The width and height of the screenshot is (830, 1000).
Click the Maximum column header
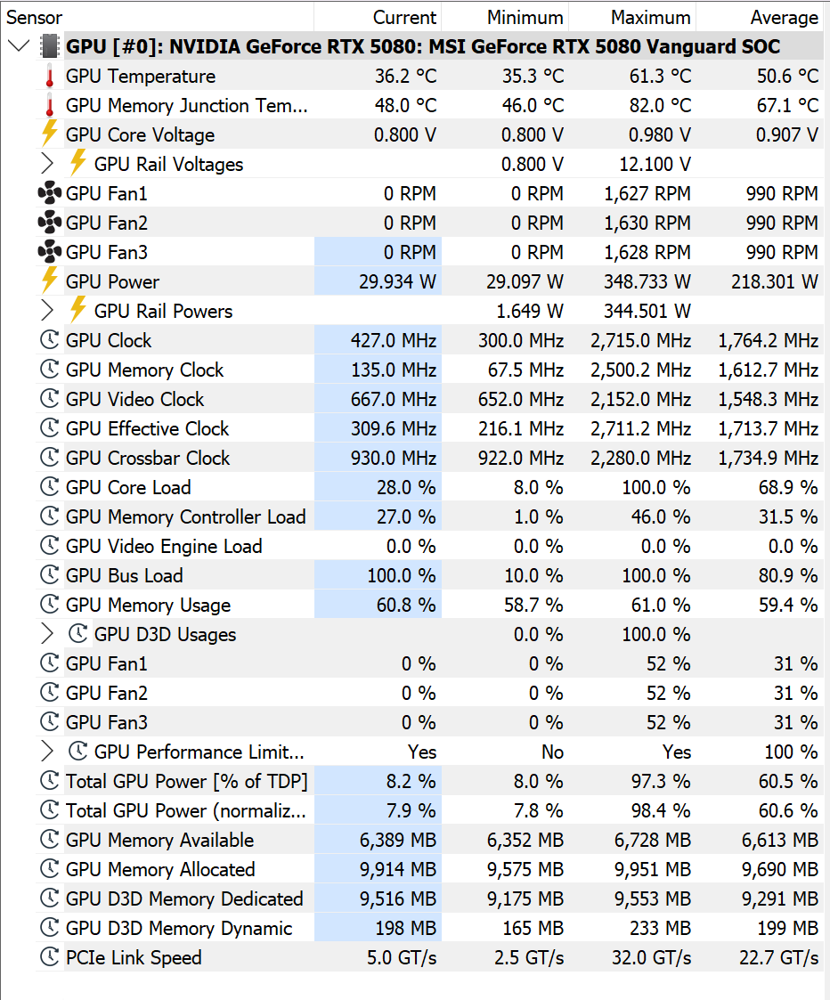pos(650,17)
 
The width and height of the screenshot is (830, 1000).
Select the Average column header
pos(784,17)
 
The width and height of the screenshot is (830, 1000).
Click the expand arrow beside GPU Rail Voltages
pos(46,164)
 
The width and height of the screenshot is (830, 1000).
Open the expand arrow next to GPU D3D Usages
pos(46,634)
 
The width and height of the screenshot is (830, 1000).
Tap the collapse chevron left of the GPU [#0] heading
pos(19,46)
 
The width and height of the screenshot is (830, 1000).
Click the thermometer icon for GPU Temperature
pos(50,77)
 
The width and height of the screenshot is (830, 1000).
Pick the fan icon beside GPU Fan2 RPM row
pos(50,223)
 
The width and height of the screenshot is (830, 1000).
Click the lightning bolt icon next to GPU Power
pos(50,280)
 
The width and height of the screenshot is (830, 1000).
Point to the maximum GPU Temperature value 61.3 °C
pos(660,77)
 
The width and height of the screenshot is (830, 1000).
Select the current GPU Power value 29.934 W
pos(397,282)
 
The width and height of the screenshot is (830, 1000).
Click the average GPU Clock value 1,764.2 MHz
pos(769,341)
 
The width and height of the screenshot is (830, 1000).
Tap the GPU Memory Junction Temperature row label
pos(187,106)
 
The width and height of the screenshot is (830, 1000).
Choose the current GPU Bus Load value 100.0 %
pos(402,576)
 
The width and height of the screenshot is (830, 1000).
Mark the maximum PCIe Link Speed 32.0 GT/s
pos(651,958)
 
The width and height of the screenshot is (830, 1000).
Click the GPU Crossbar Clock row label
pos(148,459)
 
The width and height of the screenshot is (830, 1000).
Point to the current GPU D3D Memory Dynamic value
pos(406,929)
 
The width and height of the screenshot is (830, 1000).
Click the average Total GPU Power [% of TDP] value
pos(788,782)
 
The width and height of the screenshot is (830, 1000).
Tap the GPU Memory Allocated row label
pos(160,870)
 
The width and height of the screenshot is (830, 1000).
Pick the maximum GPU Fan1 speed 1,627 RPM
pos(647,194)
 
